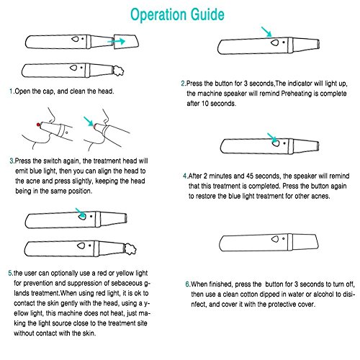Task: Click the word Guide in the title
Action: coord(208,14)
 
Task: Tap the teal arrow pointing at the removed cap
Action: coord(116,41)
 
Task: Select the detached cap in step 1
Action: coord(126,42)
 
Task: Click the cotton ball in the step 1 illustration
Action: coord(119,71)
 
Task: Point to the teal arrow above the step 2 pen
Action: coord(266,32)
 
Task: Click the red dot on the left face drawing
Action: coord(38,125)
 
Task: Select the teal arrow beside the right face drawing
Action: coord(89,122)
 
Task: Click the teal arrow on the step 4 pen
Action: coord(272,138)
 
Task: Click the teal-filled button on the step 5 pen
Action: coord(82,216)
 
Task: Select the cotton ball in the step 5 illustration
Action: coord(130,249)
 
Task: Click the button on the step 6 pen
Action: coord(275,239)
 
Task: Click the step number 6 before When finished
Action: coord(187,284)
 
